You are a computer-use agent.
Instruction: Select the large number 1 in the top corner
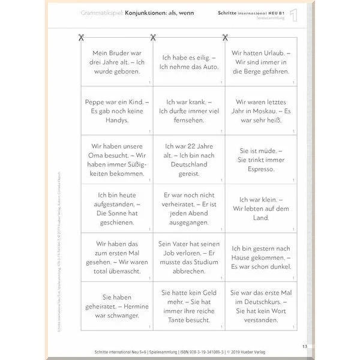point(293,16)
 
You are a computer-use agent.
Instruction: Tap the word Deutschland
point(188,164)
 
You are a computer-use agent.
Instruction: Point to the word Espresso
point(261,169)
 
